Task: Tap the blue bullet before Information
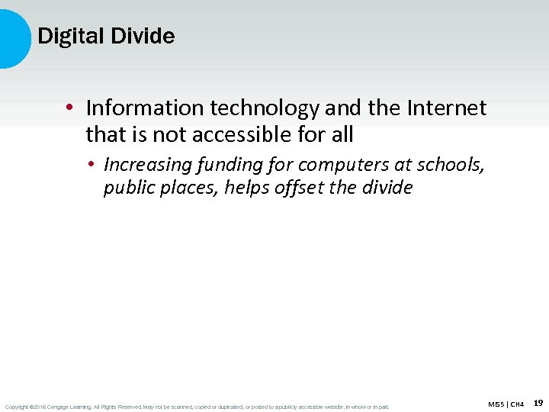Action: click(x=70, y=109)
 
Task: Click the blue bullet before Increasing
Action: click(x=90, y=164)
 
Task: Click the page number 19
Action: click(x=538, y=403)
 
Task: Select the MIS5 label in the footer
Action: click(x=496, y=404)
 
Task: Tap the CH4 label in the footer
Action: click(x=518, y=404)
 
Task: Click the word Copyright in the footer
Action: click(x=16, y=407)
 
